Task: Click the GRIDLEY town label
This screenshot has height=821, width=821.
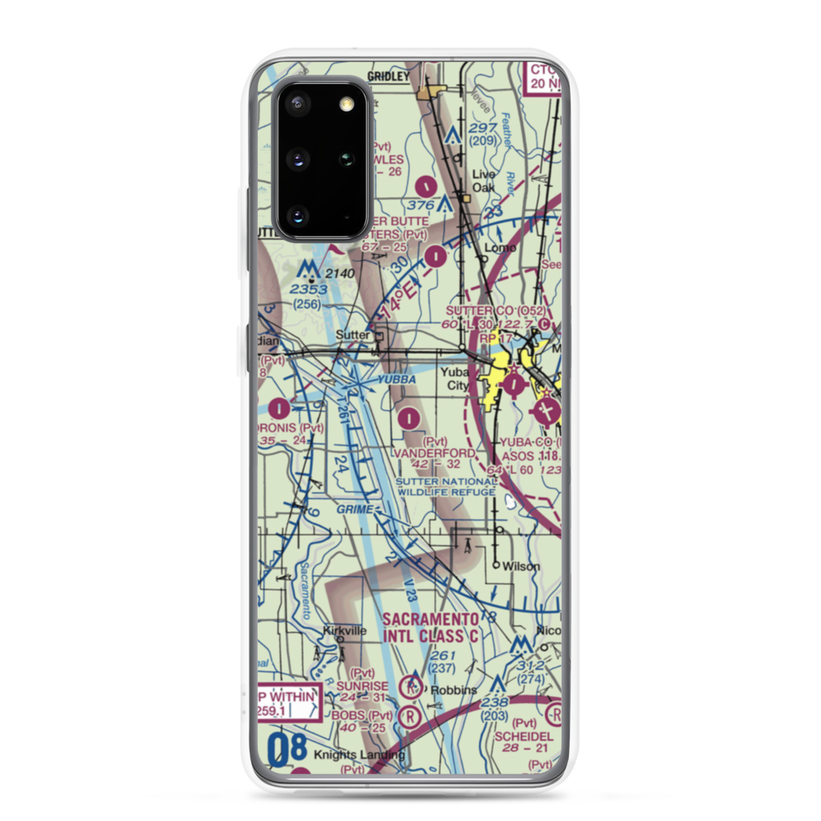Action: click(x=388, y=76)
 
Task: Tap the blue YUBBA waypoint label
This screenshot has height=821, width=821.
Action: click(x=396, y=380)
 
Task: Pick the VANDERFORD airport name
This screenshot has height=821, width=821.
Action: click(x=434, y=453)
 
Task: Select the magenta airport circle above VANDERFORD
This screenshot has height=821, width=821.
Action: click(x=410, y=418)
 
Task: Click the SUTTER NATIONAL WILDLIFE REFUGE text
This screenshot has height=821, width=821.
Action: click(x=447, y=487)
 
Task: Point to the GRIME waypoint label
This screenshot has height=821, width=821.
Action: click(x=356, y=510)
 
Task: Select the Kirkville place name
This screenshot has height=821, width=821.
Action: click(x=344, y=631)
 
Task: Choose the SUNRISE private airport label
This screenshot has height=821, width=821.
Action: click(x=365, y=686)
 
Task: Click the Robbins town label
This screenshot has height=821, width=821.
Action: click(x=457, y=690)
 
